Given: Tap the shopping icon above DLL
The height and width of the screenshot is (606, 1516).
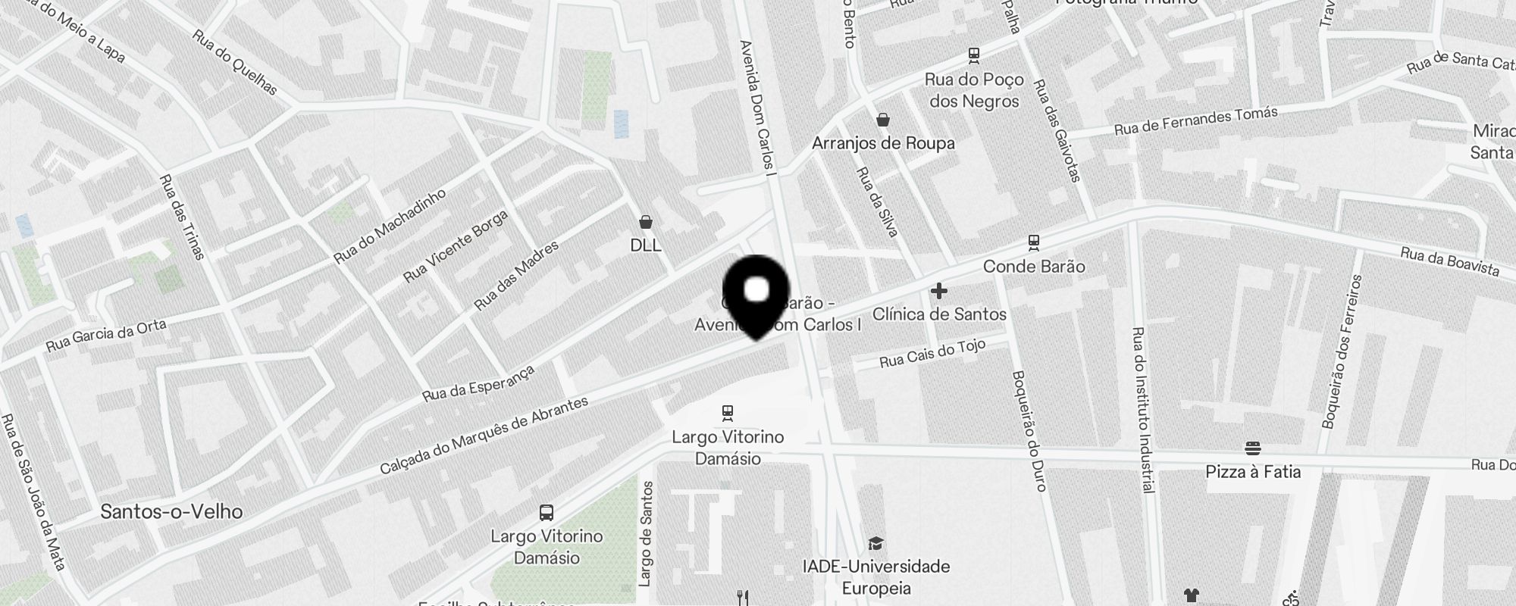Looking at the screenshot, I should (646, 222).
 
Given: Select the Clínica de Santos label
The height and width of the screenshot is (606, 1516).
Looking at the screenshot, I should (939, 314).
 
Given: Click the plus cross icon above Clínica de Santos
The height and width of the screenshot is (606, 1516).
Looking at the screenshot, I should (939, 291).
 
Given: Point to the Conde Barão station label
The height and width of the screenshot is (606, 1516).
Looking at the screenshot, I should (1033, 266).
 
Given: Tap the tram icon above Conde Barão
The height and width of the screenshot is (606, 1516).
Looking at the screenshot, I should (1033, 242).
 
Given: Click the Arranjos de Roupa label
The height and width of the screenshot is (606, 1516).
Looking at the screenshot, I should (883, 143).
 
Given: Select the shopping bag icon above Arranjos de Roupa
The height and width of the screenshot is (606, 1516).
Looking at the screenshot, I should (883, 120).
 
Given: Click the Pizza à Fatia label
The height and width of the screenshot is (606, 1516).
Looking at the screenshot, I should (1253, 472).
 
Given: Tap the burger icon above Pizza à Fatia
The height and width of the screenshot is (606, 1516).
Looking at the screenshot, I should (1253, 448).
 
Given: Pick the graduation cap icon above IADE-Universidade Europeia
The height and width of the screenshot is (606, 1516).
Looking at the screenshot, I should (875, 543).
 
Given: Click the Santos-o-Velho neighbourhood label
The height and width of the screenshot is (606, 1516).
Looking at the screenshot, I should (171, 511).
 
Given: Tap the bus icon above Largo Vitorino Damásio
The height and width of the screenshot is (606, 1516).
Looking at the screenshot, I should (546, 513).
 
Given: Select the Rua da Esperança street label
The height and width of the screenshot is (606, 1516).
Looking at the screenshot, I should (478, 383).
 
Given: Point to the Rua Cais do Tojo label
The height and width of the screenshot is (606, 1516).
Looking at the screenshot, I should (932, 354).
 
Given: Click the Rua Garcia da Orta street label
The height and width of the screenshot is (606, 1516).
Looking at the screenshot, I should (106, 335).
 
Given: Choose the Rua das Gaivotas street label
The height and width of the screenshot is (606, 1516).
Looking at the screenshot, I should (1057, 131).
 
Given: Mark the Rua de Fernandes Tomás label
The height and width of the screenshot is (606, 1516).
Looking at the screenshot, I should (1195, 121).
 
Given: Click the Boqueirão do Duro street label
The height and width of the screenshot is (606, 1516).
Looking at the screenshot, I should (1029, 430).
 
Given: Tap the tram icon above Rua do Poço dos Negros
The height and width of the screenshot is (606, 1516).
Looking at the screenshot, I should (974, 55).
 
